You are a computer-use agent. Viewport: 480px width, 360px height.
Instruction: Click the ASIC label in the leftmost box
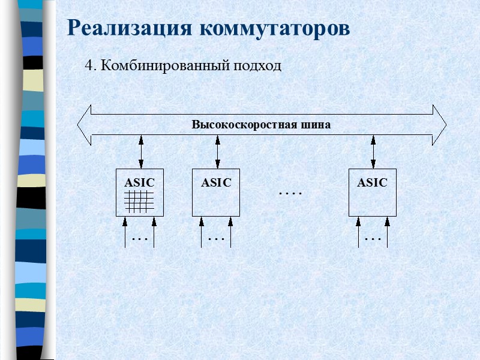click(x=139, y=182)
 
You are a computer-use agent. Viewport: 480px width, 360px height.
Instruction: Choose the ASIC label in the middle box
click(x=216, y=182)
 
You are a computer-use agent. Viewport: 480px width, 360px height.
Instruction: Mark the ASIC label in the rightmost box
click(x=372, y=182)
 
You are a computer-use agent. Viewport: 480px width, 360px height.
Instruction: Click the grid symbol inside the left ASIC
click(x=139, y=201)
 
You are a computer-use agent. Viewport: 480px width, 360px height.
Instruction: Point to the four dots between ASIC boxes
click(x=290, y=194)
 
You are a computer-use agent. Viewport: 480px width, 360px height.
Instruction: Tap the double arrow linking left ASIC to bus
click(x=141, y=152)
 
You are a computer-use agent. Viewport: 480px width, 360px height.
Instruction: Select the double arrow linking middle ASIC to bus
click(x=217, y=152)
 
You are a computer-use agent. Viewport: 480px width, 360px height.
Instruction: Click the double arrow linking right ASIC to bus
click(x=373, y=152)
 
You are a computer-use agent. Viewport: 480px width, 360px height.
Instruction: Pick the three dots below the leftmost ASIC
click(x=139, y=239)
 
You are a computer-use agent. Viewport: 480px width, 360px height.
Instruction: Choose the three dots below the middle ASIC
click(x=216, y=239)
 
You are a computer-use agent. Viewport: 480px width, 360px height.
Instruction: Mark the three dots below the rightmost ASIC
click(x=373, y=239)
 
